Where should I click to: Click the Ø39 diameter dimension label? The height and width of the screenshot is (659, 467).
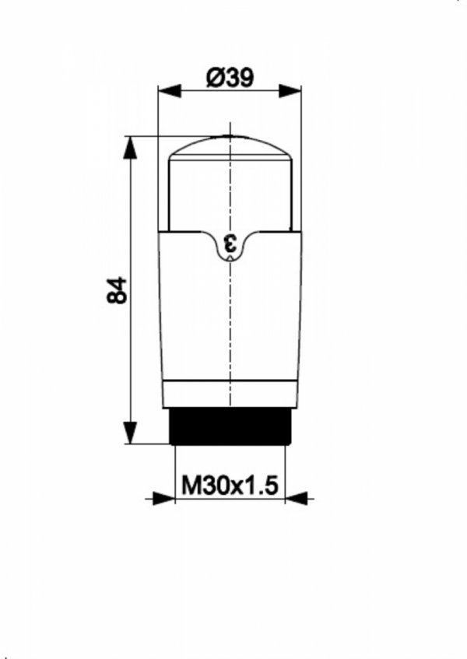click(230, 78)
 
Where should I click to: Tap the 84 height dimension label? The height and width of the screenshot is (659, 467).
click(117, 290)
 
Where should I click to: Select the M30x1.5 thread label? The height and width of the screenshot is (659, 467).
click(230, 485)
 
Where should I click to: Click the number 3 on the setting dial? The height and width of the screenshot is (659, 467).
click(230, 244)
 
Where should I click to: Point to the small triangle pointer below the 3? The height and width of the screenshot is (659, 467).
click(230, 258)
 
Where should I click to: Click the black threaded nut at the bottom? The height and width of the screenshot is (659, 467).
click(230, 426)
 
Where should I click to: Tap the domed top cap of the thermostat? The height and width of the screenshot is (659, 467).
click(230, 147)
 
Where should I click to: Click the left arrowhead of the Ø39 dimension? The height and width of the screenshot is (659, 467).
click(170, 90)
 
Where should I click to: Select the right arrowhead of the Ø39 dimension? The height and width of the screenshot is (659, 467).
click(290, 90)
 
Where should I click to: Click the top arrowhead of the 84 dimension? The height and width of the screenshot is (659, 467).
click(130, 148)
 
